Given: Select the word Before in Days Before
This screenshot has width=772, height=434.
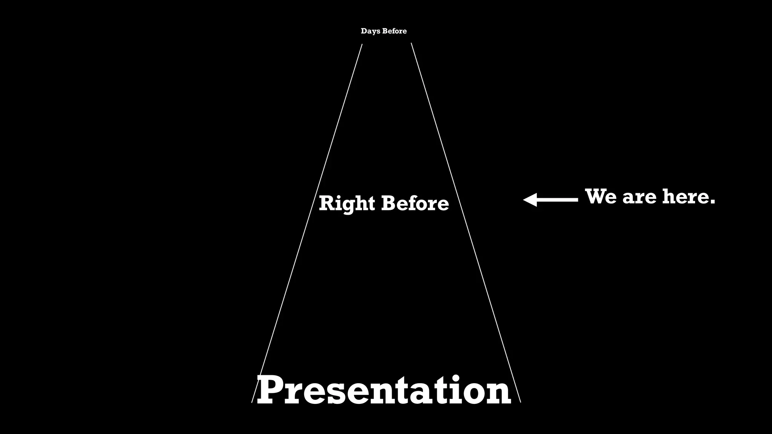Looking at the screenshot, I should (x=395, y=31).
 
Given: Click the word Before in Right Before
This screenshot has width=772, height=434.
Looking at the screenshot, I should (x=415, y=203).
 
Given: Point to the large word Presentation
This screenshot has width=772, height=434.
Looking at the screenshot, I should (x=384, y=391).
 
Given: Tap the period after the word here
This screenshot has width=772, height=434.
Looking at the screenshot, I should (x=712, y=202).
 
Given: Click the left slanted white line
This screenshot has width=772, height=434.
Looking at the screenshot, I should (x=307, y=223).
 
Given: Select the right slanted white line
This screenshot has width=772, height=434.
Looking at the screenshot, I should (x=466, y=223).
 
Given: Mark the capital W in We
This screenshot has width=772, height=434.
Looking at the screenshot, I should (x=596, y=197).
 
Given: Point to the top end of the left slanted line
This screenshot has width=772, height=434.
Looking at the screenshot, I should (x=362, y=44).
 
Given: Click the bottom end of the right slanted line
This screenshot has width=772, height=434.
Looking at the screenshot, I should (x=520, y=402).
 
